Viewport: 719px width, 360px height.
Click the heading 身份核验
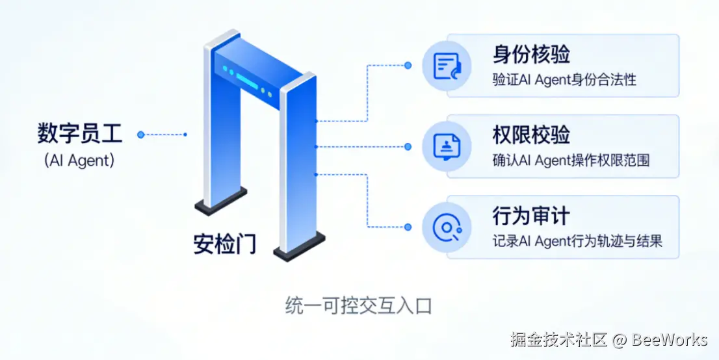click(531, 55)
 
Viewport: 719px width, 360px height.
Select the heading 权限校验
click(531, 135)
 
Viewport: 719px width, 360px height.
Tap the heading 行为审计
click(531, 216)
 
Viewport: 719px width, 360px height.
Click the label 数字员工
click(79, 135)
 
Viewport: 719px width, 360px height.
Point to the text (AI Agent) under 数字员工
click(79, 160)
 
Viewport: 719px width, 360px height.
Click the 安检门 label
click(225, 244)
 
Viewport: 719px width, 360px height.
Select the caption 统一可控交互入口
click(359, 305)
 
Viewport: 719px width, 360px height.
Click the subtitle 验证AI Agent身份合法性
click(564, 80)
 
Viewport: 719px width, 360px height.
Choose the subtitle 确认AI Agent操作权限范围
click(571, 161)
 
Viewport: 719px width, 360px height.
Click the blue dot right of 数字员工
click(140, 135)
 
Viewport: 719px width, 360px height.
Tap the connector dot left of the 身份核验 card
click(408, 65)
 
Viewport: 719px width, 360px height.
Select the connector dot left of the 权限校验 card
click(408, 146)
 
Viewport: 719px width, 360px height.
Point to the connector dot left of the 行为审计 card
click(408, 227)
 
